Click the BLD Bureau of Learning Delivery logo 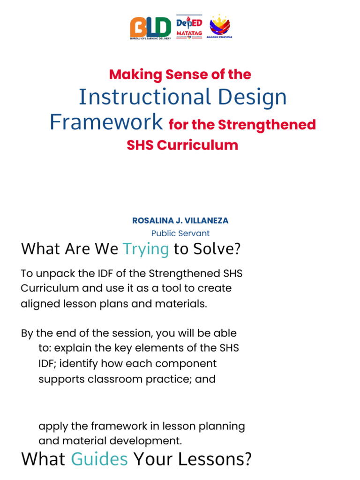click(x=151, y=28)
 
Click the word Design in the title click(x=252, y=97)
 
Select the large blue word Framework click(x=106, y=122)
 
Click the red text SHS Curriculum click(x=182, y=145)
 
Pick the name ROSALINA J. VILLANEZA click(x=180, y=220)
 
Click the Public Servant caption click(x=180, y=233)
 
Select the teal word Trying click(x=145, y=249)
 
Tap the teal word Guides click(x=99, y=459)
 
